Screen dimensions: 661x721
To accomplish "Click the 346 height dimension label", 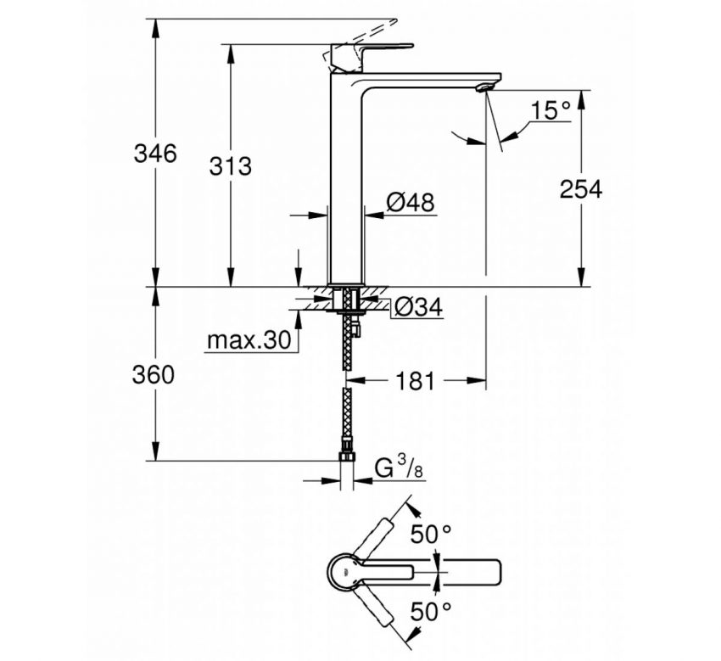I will coord(155,154).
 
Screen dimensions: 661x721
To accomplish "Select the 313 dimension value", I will coord(231,165).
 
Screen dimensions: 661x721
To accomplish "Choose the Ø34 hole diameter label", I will coord(419,308).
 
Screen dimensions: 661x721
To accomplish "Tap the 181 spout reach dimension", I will coord(414,382).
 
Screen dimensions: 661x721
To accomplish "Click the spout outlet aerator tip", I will coord(486,87).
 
